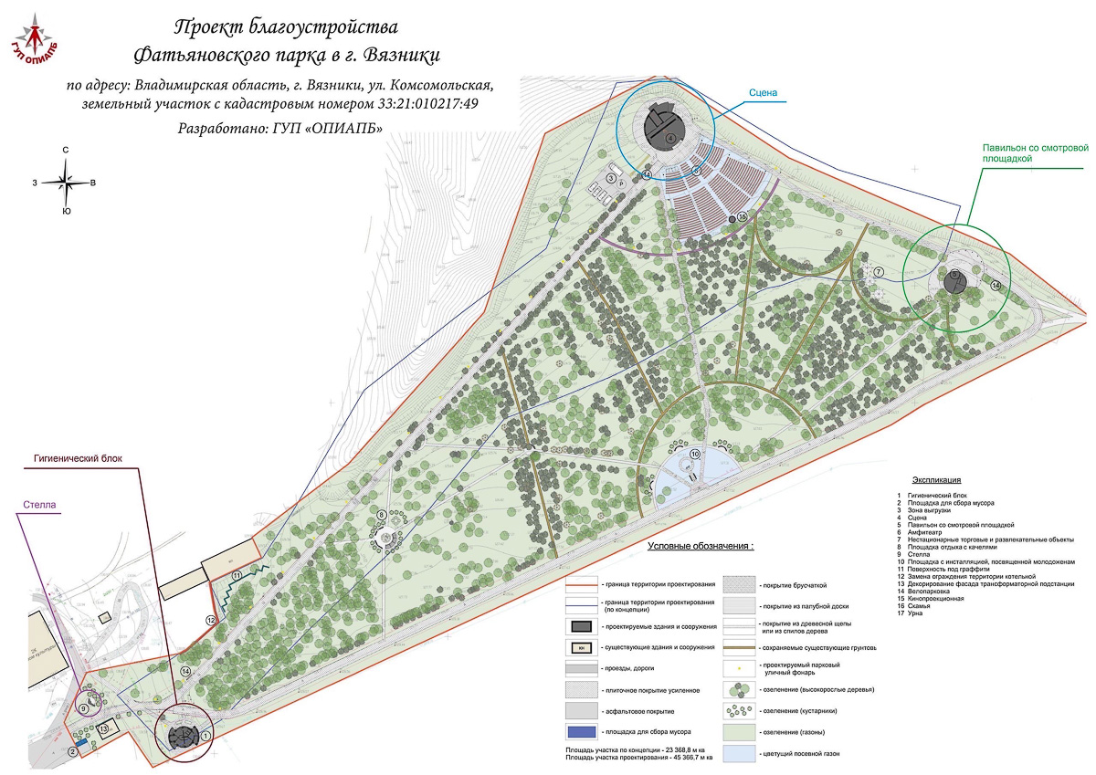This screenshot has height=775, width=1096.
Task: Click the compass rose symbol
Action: coord(67,183)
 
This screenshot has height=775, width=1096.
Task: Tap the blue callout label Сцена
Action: coord(764,92)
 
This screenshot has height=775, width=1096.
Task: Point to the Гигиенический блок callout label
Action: coord(78,459)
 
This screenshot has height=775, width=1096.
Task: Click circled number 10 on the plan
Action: coord(695,454)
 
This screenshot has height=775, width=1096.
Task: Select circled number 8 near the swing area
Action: coord(382,516)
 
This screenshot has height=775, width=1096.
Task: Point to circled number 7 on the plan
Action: coord(877,272)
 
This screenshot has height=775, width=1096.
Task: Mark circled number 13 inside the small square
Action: coord(105,728)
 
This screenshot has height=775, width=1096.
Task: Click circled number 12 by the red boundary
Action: coord(210,621)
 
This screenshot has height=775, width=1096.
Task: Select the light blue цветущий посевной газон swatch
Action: coord(741,754)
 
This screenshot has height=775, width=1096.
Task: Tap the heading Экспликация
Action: coord(942,479)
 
